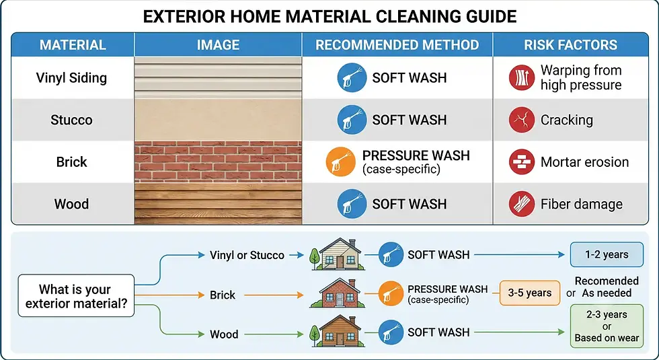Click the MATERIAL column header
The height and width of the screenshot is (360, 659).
(x=73, y=45)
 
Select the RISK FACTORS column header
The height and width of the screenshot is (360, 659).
(x=570, y=45)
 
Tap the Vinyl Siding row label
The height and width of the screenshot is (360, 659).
(x=71, y=78)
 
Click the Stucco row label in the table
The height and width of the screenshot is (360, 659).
(x=71, y=120)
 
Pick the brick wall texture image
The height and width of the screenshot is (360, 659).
(x=218, y=162)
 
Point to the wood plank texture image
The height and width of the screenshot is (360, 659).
(x=218, y=203)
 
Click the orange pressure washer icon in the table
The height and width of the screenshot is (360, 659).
(x=341, y=161)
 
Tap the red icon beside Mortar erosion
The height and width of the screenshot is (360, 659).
(x=522, y=162)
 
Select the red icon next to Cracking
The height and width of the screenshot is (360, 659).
(x=522, y=120)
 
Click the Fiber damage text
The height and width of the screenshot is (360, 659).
(x=581, y=204)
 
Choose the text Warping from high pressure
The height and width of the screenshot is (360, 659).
(x=581, y=77)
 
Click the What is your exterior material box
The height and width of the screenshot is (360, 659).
(x=76, y=295)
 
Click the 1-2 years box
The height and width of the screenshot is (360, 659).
(x=607, y=254)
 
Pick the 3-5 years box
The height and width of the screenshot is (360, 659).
(x=530, y=293)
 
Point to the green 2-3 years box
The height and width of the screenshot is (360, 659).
(x=607, y=326)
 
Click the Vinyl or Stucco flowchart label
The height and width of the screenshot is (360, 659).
(x=247, y=255)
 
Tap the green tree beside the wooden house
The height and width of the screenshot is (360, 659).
(x=315, y=335)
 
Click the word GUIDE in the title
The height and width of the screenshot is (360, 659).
(x=492, y=16)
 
